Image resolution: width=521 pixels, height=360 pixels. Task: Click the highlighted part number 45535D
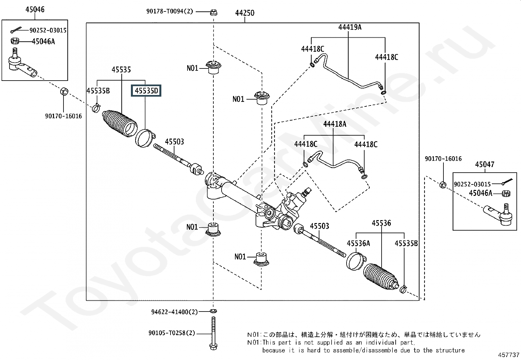147,91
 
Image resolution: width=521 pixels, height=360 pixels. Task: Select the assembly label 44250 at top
244,13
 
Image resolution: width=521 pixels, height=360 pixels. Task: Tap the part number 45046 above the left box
35,9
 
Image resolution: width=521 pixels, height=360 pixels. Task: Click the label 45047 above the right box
484,164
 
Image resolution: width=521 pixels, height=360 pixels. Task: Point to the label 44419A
350,27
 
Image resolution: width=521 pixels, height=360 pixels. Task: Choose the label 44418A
334,124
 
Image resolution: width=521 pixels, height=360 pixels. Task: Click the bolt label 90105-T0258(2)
171,333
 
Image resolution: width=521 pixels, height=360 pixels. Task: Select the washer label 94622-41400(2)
174,312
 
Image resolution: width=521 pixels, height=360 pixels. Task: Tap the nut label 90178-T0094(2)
170,11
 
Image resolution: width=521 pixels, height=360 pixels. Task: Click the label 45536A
358,243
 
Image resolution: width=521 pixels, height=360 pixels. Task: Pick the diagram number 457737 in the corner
509,355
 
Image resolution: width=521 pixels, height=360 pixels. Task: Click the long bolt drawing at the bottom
213,333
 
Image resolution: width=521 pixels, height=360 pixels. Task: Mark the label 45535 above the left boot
121,69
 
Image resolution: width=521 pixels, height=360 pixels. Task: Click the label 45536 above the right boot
381,223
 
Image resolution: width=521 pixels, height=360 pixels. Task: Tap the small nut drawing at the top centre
213,12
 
